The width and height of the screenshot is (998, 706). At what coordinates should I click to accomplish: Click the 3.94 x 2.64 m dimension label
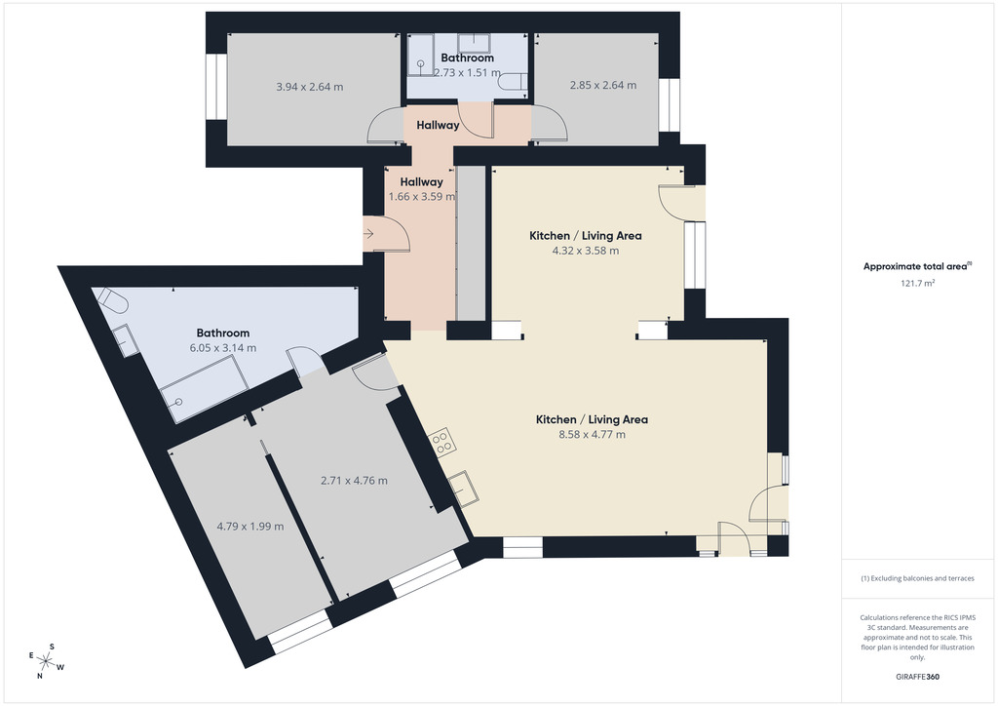[x=309, y=87]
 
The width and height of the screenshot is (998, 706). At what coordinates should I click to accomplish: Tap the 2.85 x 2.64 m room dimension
[x=602, y=85]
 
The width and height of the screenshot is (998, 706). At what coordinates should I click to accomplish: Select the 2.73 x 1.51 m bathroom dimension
[x=467, y=72]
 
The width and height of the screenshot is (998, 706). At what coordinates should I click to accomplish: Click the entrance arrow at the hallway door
[x=367, y=234]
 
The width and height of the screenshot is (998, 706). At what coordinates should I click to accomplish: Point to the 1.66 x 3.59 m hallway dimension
[x=421, y=197]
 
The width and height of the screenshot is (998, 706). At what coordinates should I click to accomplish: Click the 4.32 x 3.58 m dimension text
[x=586, y=251]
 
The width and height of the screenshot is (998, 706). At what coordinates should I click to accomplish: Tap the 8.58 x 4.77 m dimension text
[x=592, y=435]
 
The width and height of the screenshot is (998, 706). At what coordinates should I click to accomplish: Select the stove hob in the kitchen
[x=441, y=441]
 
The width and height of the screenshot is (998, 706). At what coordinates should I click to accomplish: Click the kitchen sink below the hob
[x=464, y=489]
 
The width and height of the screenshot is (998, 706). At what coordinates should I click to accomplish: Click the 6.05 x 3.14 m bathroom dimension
[x=223, y=348]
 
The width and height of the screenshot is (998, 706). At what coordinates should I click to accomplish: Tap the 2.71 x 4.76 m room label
[x=354, y=481]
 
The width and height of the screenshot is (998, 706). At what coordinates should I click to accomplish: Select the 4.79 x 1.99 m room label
[x=250, y=527]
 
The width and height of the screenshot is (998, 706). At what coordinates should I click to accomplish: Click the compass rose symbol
[x=46, y=662]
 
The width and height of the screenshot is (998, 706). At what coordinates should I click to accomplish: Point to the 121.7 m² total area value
[x=917, y=284]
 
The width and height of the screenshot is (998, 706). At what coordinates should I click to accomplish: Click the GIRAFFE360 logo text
[x=917, y=677]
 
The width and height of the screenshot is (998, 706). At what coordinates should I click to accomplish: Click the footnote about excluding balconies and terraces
[x=917, y=578]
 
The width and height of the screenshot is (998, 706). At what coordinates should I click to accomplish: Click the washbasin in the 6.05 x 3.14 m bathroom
[x=126, y=340]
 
